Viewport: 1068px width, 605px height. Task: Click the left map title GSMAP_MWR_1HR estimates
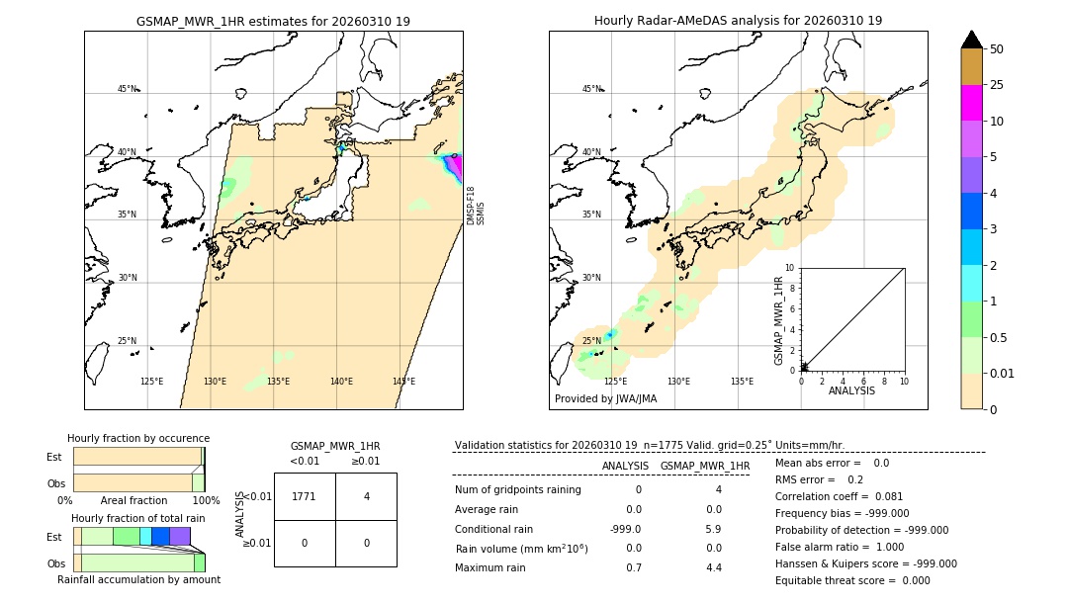pos(273,21)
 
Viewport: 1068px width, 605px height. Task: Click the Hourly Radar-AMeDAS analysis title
pos(738,21)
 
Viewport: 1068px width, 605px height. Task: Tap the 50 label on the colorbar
pos(997,49)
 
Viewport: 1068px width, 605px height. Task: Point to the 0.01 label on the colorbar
pos(1003,374)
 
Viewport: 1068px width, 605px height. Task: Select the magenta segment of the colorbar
pos(971,103)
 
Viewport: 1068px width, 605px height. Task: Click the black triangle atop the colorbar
pos(971,40)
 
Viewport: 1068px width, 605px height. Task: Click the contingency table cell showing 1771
pos(305,496)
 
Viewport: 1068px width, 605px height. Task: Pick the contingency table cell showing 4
pos(366,496)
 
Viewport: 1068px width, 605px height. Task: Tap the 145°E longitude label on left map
pos(403,382)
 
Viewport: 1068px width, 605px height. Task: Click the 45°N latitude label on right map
pos(591,89)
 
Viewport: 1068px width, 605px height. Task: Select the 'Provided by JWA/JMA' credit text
pos(605,398)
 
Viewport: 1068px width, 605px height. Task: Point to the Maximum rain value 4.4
pos(713,567)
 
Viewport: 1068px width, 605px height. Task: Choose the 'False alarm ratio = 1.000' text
pos(840,547)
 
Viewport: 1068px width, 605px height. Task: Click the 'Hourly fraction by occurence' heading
pos(138,439)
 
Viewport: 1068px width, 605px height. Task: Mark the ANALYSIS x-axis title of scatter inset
pos(851,391)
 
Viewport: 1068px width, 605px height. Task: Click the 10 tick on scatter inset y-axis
pos(790,268)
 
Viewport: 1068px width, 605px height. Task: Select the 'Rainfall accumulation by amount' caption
pos(138,580)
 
